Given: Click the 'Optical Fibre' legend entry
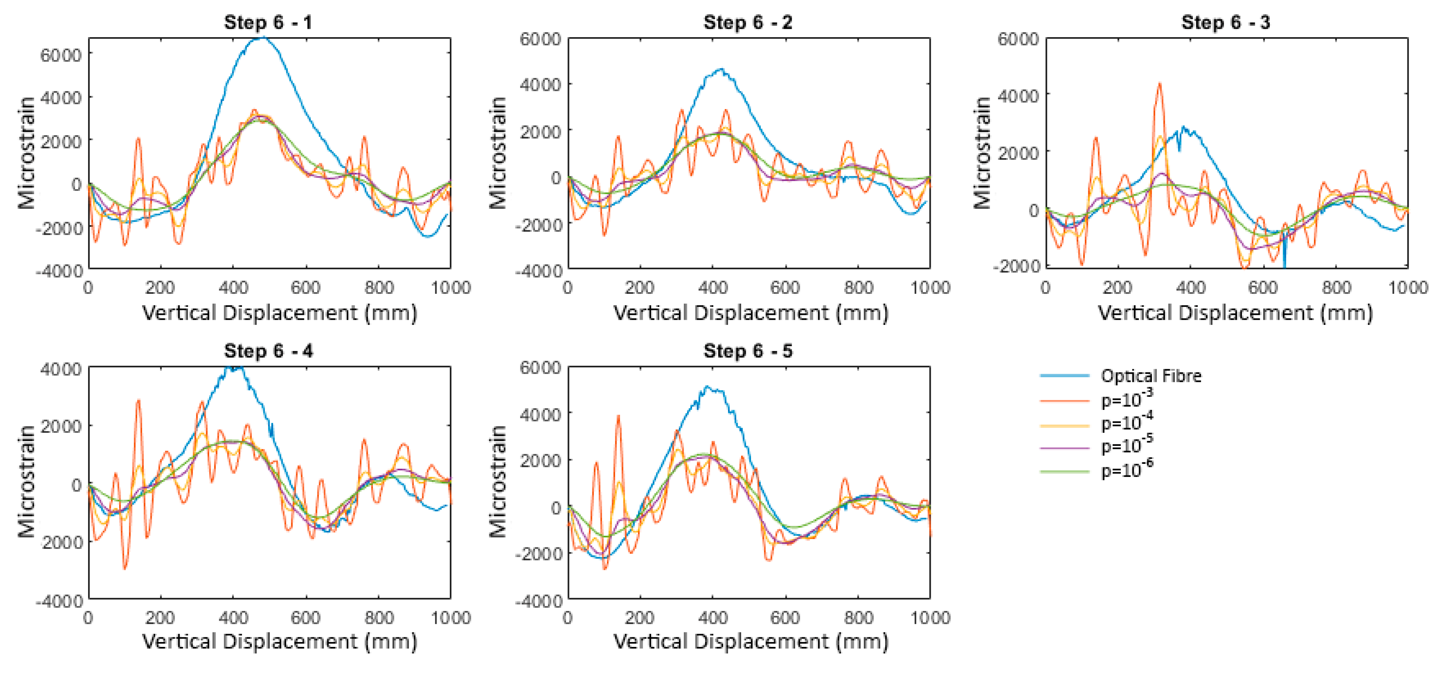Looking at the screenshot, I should (x=1150, y=376).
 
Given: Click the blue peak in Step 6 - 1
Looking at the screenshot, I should (x=263, y=38).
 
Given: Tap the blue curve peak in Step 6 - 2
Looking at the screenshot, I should (x=721, y=70).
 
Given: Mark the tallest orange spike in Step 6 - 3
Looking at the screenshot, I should (x=1160, y=84).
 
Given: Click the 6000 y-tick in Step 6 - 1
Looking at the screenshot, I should (x=61, y=55).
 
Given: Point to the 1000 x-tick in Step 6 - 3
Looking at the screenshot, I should (x=1407, y=288).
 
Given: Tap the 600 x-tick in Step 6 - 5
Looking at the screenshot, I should (x=784, y=618).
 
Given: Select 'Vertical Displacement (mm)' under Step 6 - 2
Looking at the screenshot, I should (x=750, y=313).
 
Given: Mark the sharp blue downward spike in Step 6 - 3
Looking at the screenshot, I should (x=1284, y=260).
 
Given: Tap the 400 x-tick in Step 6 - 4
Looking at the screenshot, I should (x=233, y=618).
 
